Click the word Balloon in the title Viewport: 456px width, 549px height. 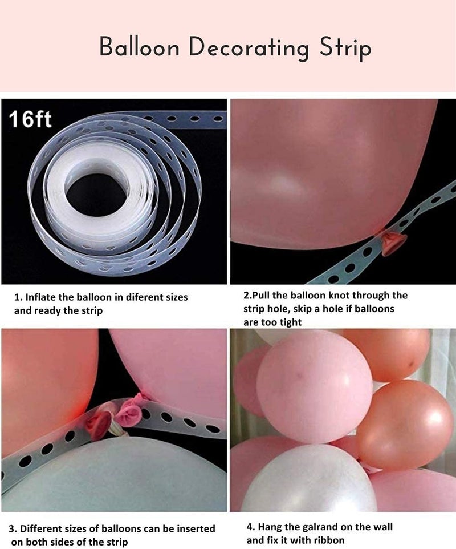pyautogui.click(x=139, y=47)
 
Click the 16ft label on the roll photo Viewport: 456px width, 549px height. pyautogui.click(x=30, y=119)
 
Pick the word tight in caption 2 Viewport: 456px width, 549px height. pyautogui.click(x=290, y=322)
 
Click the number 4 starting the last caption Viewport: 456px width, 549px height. pyautogui.click(x=249, y=527)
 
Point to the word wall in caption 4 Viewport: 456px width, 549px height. pyautogui.click(x=384, y=527)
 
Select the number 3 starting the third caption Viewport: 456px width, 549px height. pyautogui.click(x=11, y=528)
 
